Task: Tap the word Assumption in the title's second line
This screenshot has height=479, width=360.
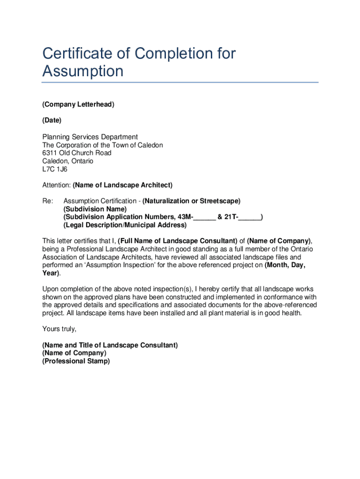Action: click(83, 72)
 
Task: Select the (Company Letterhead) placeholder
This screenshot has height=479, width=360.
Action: click(78, 104)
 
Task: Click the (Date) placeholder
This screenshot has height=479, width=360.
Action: click(52, 120)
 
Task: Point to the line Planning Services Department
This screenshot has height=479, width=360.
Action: click(90, 137)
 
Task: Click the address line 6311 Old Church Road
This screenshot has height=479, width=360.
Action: click(77, 153)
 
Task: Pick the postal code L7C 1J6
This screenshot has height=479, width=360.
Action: click(55, 169)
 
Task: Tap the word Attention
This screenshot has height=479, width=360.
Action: click(56, 185)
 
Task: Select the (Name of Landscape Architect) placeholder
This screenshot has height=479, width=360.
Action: click(122, 185)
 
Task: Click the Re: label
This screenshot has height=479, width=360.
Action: click(48, 201)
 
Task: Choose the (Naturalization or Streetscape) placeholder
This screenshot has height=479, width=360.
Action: click(191, 201)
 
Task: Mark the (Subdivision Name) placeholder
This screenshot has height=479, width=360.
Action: click(95, 209)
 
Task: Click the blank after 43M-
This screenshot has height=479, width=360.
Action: click(204, 218)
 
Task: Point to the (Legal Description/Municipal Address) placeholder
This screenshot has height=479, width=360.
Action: click(125, 225)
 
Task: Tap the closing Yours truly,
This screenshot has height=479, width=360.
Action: click(59, 329)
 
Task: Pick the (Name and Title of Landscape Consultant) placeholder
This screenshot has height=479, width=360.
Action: click(110, 345)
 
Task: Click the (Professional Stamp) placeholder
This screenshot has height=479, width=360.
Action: click(76, 361)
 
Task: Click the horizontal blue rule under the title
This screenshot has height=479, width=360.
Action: click(180, 82)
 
